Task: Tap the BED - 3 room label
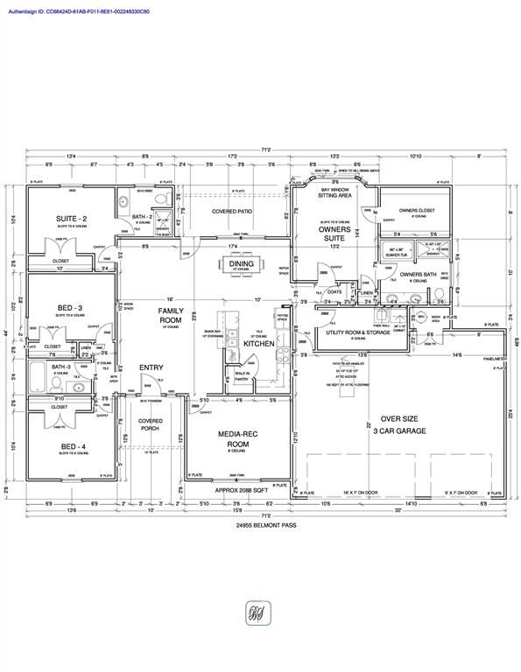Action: [70, 308]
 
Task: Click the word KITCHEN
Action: [259, 344]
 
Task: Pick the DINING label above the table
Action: [242, 263]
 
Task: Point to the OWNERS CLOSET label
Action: [418, 210]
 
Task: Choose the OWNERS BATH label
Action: [418, 274]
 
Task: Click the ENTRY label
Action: [152, 367]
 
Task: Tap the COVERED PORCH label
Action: [151, 425]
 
